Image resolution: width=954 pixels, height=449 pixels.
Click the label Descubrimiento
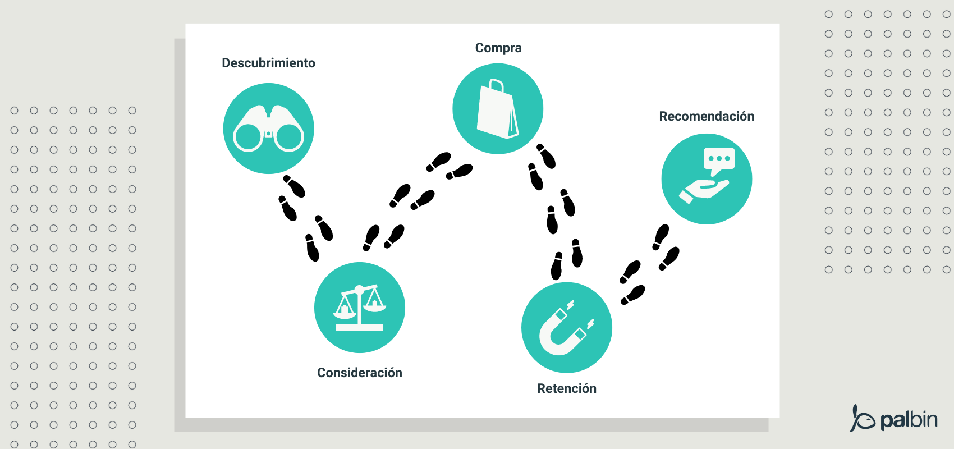tap(268, 63)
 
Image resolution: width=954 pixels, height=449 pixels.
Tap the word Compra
tap(498, 48)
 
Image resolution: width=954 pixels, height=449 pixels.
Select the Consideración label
tap(359, 373)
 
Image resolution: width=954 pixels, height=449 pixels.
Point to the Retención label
tap(566, 388)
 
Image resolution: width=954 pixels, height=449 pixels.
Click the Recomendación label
tap(706, 116)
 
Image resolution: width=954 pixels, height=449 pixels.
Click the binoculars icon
tap(268, 129)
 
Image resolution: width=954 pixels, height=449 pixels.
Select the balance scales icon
tap(359, 308)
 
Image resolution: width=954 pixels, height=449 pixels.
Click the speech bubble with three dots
tap(719, 159)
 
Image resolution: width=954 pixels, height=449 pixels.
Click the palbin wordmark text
tap(909, 420)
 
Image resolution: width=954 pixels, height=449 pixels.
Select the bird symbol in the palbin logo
tap(862, 419)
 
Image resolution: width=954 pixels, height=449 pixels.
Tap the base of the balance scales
tap(359, 327)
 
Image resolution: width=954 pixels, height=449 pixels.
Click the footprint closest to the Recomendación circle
tap(661, 236)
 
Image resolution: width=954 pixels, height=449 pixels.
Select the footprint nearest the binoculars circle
tap(294, 186)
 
